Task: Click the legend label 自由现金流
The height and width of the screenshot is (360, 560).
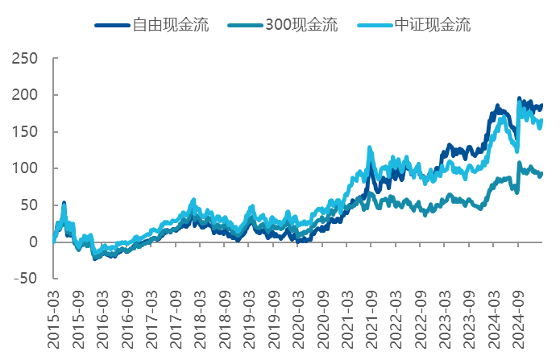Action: click(172, 25)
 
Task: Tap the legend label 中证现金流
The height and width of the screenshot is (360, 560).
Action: click(433, 25)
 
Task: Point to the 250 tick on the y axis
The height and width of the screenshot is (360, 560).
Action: click(24, 59)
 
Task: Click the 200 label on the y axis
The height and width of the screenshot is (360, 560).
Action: click(24, 95)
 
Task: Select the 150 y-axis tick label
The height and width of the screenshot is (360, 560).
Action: click(24, 132)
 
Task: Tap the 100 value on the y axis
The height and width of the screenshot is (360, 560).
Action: click(24, 168)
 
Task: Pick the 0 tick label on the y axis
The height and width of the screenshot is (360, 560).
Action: click(32, 242)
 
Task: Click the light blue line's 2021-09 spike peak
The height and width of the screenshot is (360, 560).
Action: click(370, 148)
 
